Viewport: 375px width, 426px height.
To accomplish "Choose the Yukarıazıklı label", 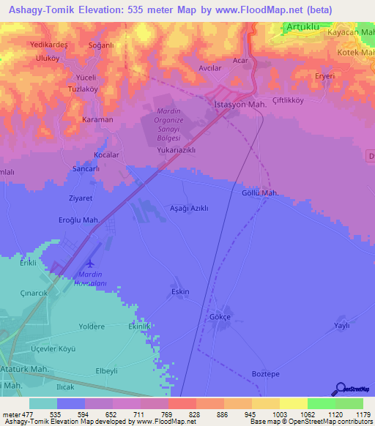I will (176, 149).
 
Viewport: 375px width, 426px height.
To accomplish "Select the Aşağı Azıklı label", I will (189, 208).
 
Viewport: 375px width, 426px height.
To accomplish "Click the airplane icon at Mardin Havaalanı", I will (91, 264).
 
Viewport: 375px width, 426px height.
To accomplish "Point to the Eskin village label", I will (180, 291).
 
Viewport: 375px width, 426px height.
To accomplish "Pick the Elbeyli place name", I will (106, 371).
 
